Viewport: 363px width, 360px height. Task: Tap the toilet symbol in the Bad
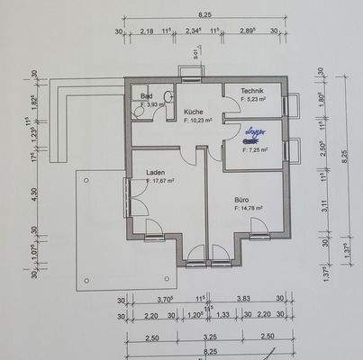[x=141, y=105]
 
